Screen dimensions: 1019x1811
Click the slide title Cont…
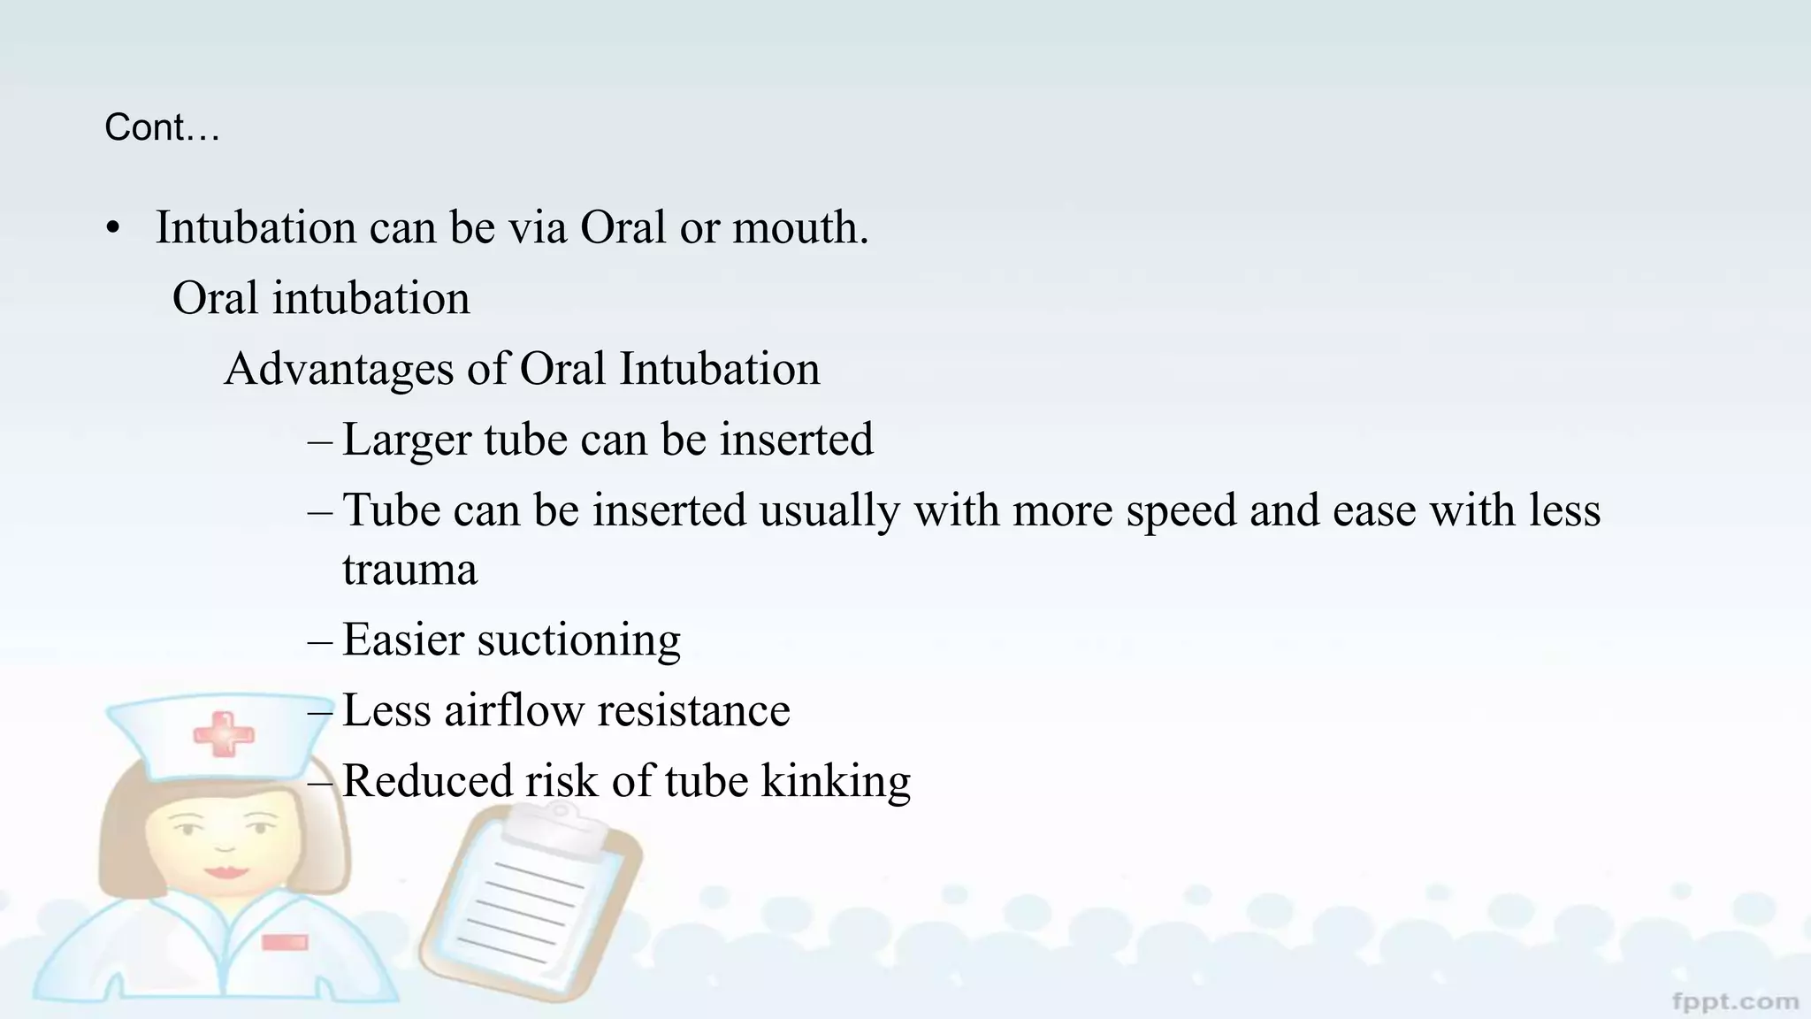[162, 127]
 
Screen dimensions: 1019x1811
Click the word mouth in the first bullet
[799, 227]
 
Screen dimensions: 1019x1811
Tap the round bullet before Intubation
[112, 229]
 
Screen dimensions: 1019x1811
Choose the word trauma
[409, 569]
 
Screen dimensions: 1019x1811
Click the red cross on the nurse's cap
[223, 735]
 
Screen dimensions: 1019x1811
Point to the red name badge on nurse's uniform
[285, 943]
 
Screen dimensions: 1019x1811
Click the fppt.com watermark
[1735, 1002]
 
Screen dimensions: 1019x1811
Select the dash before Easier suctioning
[320, 640]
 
